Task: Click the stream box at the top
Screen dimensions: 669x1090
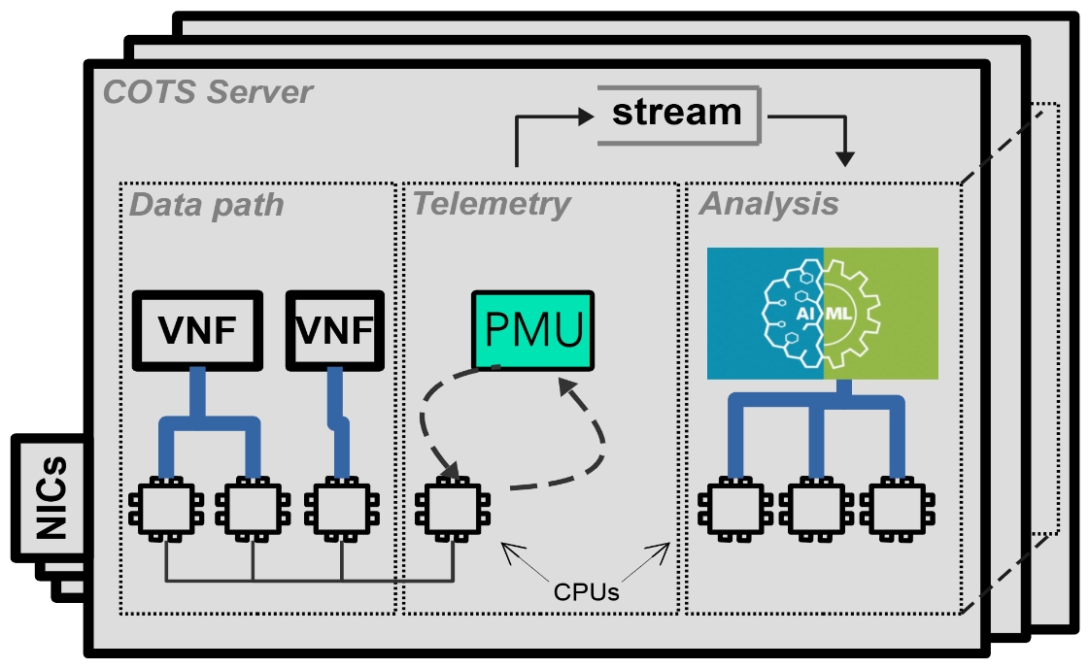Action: [677, 114]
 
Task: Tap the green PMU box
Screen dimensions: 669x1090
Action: [533, 329]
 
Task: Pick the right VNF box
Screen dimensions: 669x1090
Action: [331, 330]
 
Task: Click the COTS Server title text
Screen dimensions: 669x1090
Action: [208, 93]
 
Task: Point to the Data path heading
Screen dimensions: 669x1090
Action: [207, 205]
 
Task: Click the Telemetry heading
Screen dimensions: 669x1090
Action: [492, 204]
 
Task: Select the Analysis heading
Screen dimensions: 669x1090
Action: [768, 204]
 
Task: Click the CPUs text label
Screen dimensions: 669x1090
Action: [586, 590]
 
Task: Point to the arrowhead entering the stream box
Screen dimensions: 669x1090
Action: [584, 116]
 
